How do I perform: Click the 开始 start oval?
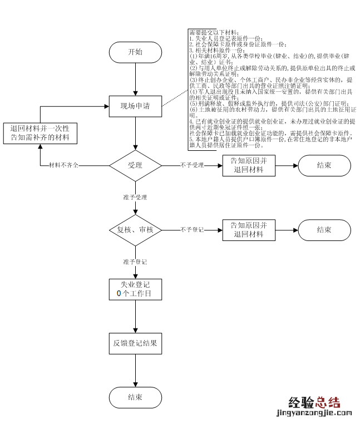pyautogui.click(x=135, y=52)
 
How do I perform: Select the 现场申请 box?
pyautogui.click(x=135, y=105)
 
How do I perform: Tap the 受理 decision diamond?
pyautogui.click(x=135, y=165)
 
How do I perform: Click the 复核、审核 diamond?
pyautogui.click(x=135, y=229)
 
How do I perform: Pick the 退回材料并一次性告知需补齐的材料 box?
pyautogui.click(x=40, y=132)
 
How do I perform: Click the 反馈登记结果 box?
pyautogui.click(x=135, y=343)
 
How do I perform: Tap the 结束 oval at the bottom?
pyautogui.click(x=135, y=397)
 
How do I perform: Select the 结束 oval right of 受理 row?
pyautogui.click(x=324, y=165)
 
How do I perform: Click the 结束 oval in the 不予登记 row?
pyautogui.click(x=324, y=229)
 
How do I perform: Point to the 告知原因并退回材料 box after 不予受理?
pyautogui.click(x=249, y=165)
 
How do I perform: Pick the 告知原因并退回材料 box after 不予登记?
pyautogui.click(x=249, y=229)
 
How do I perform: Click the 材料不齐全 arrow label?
pyautogui.click(x=63, y=165)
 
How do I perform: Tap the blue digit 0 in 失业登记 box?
pyautogui.click(x=119, y=293)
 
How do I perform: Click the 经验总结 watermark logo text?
pyautogui.click(x=314, y=402)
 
